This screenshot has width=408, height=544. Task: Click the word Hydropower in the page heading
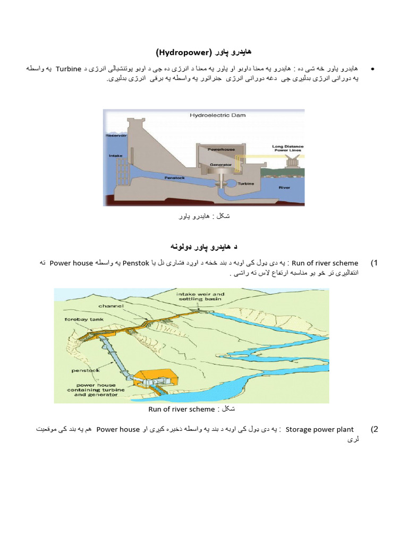click(x=184, y=52)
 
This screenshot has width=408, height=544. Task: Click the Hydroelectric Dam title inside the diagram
click(x=218, y=115)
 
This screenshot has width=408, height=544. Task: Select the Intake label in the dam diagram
click(x=115, y=156)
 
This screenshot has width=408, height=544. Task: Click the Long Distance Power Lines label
click(x=287, y=148)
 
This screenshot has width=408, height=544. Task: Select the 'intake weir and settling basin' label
click(x=201, y=296)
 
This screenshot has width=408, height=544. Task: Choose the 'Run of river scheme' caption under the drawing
click(x=181, y=409)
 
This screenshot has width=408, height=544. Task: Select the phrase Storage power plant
click(x=319, y=429)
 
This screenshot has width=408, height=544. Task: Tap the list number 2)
click(x=374, y=429)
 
